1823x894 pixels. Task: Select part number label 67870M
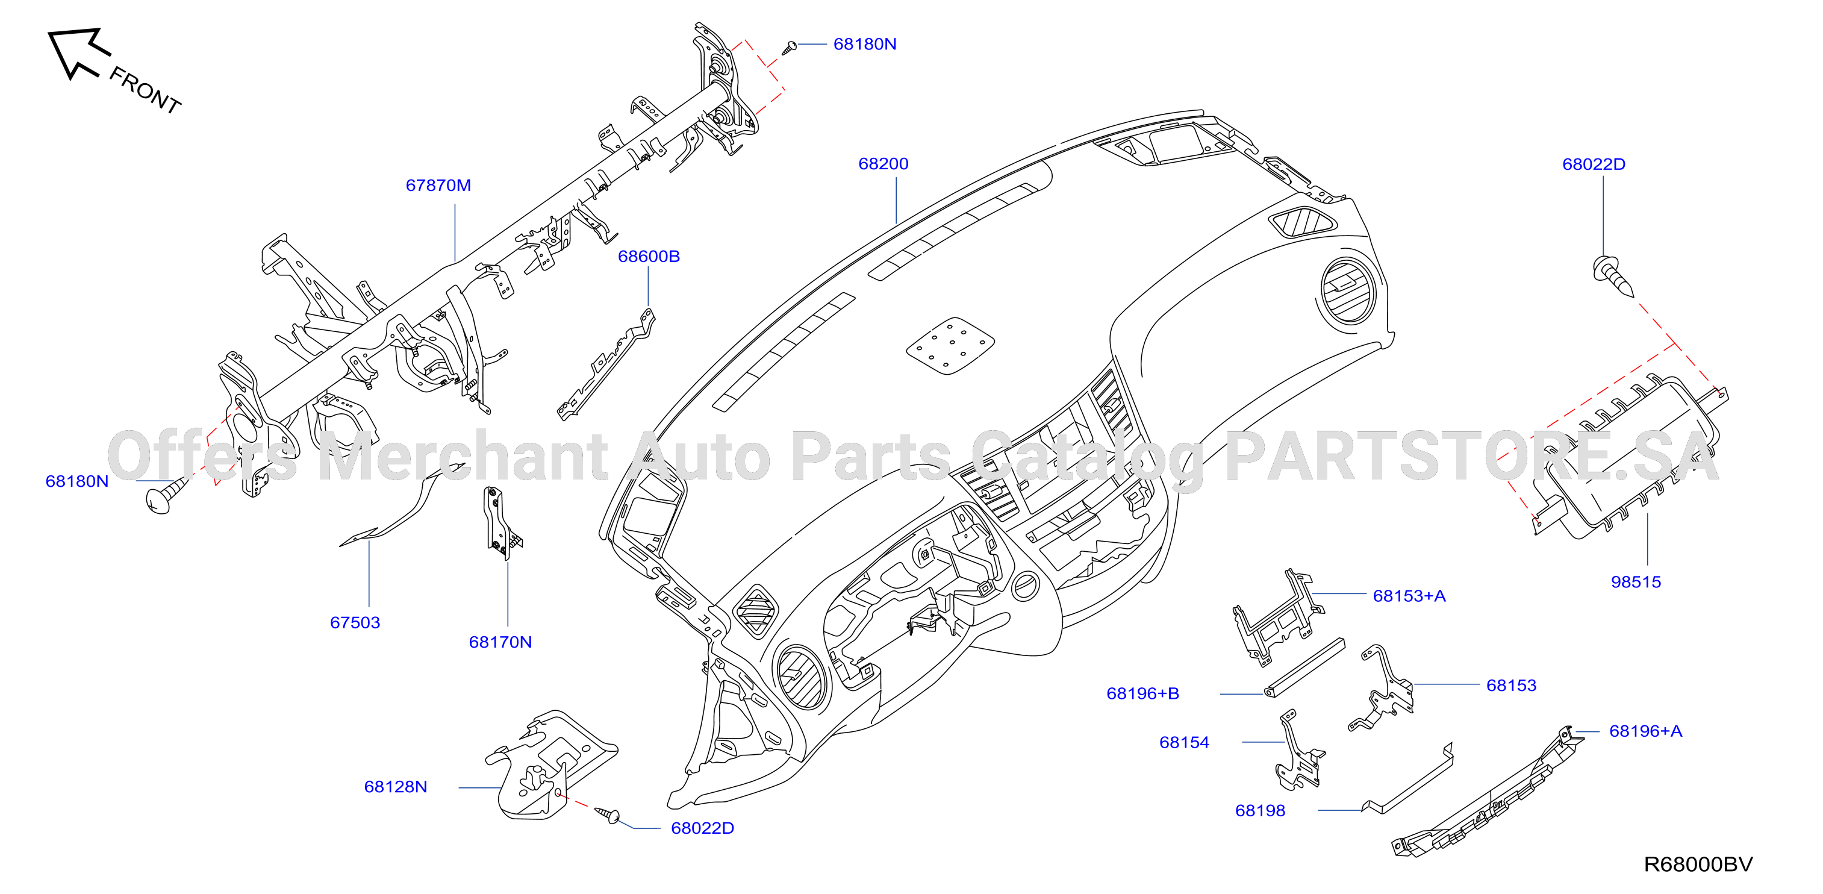click(438, 186)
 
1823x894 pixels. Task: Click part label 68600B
click(648, 256)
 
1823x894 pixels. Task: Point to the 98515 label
click(1636, 582)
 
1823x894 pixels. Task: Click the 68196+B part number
click(1142, 693)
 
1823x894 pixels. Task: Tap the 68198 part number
click(1260, 810)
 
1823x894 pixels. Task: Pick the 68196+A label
click(1645, 731)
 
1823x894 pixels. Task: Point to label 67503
click(355, 623)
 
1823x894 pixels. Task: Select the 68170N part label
click(500, 642)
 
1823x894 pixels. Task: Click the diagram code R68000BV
click(1698, 864)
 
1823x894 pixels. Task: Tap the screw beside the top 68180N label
click(790, 48)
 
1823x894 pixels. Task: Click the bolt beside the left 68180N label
click(164, 495)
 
